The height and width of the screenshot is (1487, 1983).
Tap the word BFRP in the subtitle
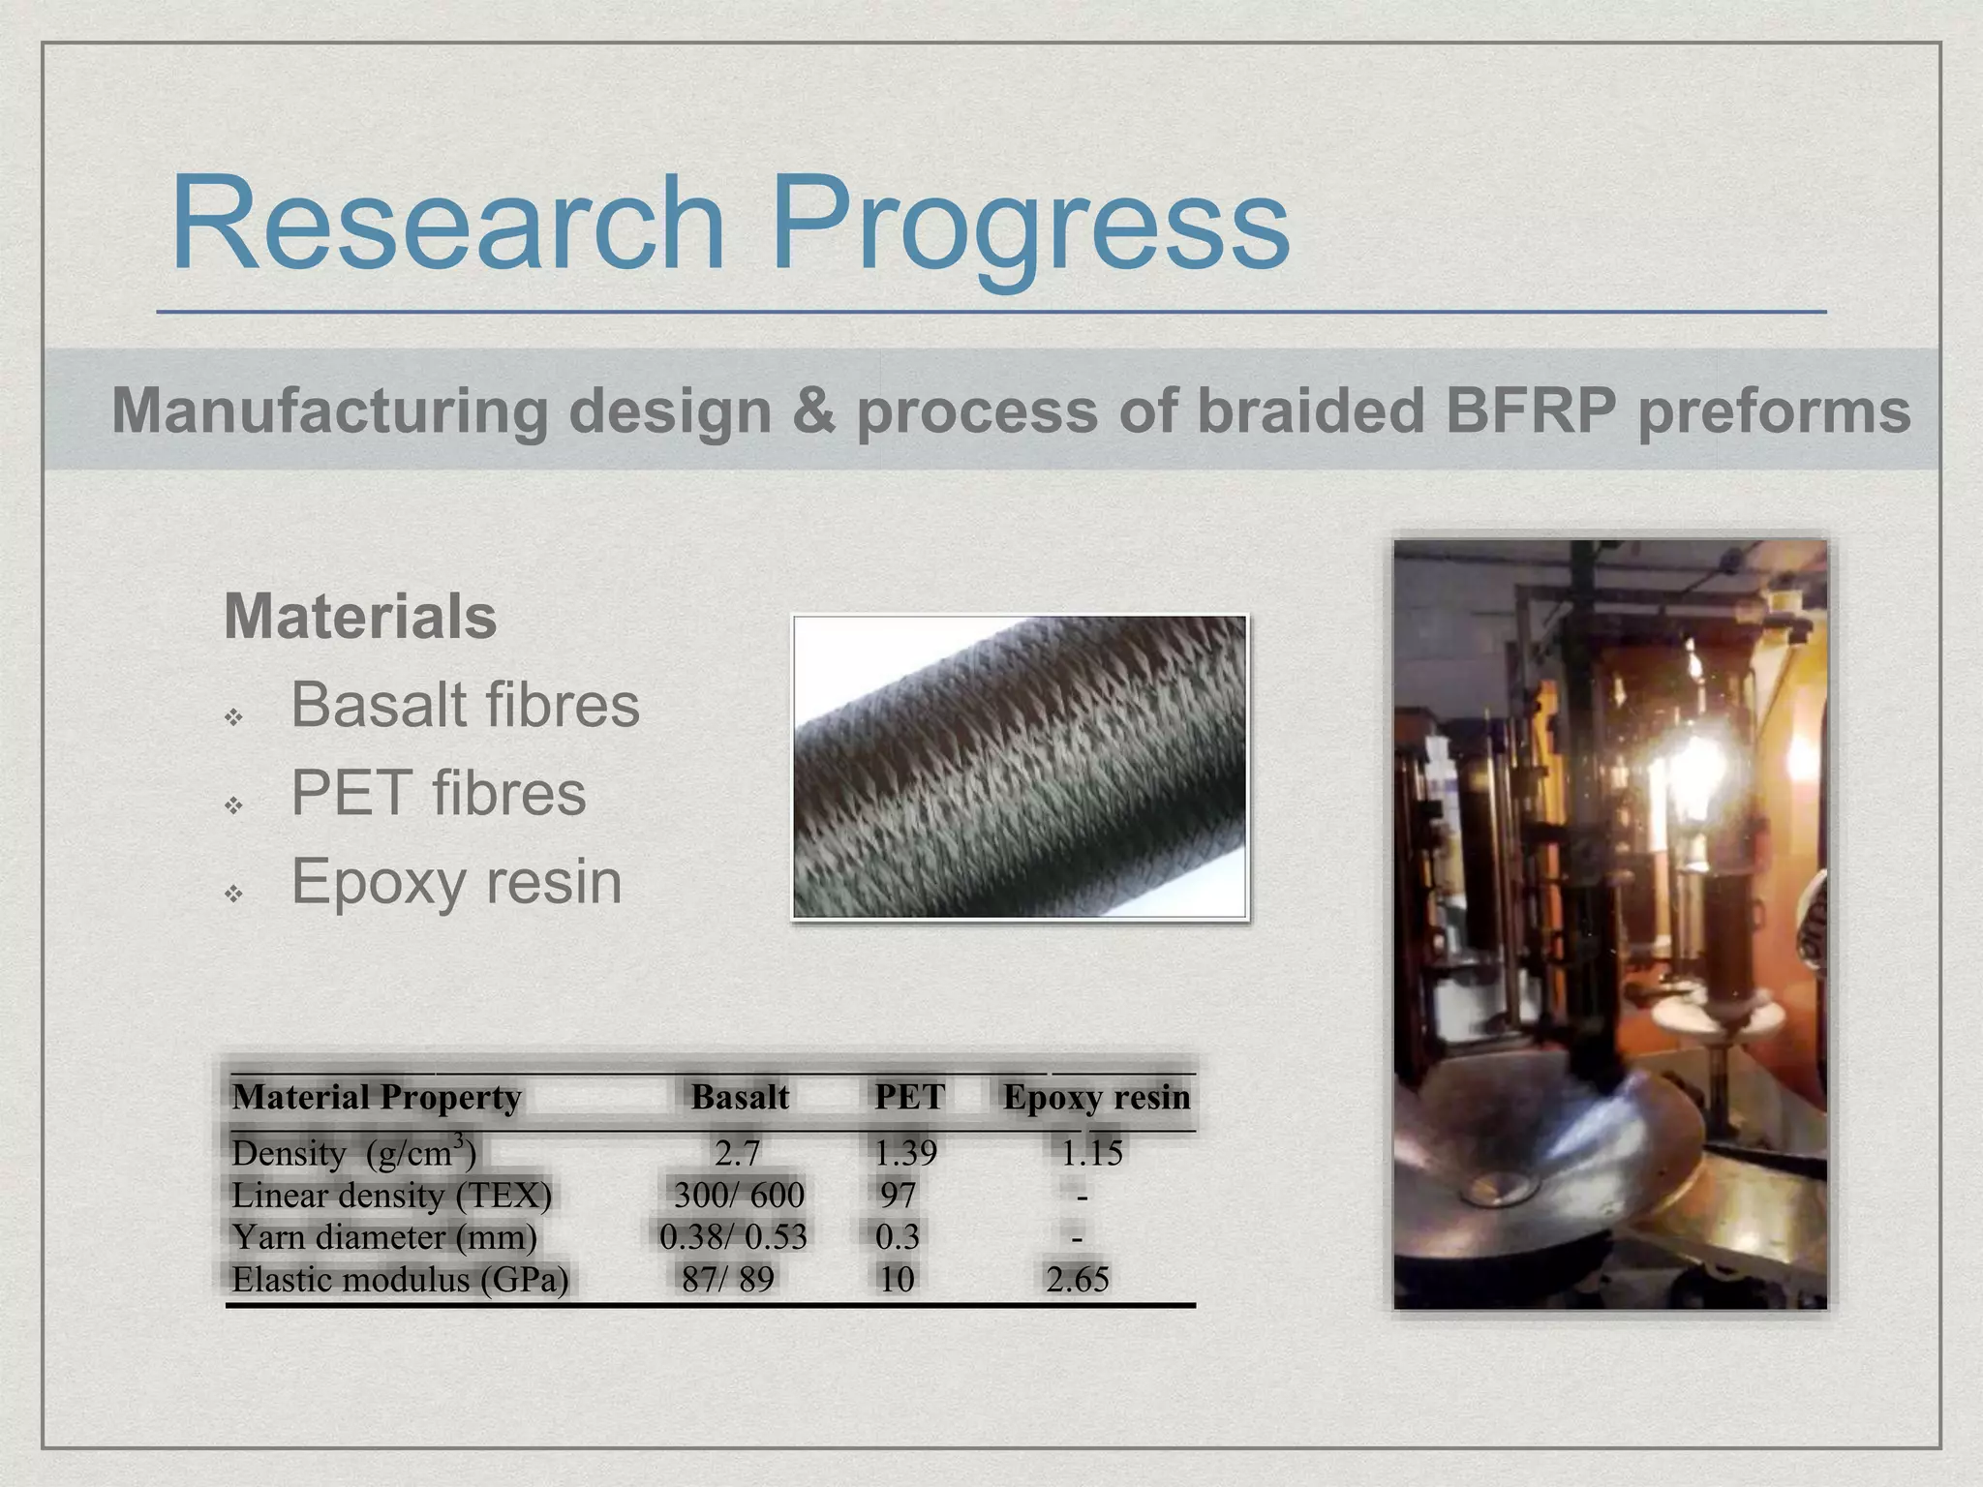(x=1531, y=410)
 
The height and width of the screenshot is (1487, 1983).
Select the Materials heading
(x=360, y=617)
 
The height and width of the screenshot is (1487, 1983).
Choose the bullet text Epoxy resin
(x=456, y=881)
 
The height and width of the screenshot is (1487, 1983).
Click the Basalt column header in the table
(x=740, y=1097)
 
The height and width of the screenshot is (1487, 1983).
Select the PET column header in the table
(x=909, y=1097)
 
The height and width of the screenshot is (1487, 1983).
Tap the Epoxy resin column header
(x=1096, y=1097)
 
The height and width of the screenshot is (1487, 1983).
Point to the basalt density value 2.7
(x=737, y=1153)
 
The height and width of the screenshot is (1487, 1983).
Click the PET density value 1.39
(x=905, y=1153)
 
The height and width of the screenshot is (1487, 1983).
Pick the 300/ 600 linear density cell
(x=739, y=1195)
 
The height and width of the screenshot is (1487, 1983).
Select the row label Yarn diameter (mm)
(x=383, y=1237)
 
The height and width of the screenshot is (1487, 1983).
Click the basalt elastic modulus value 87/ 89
(x=728, y=1279)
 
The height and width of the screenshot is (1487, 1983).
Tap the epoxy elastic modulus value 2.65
(x=1077, y=1279)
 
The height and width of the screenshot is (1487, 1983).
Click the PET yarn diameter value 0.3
(x=897, y=1237)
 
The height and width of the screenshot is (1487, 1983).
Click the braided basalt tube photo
(x=1020, y=767)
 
